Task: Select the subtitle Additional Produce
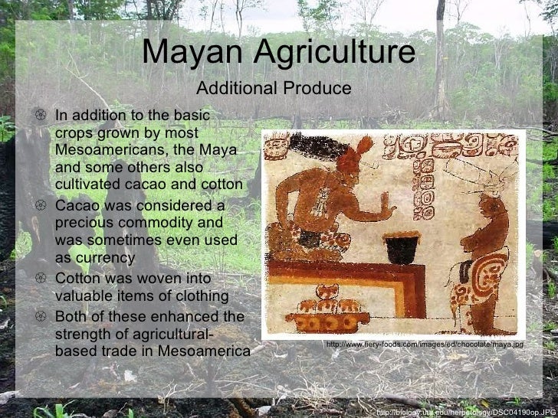[x=274, y=89]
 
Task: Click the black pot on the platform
[x=401, y=248]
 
